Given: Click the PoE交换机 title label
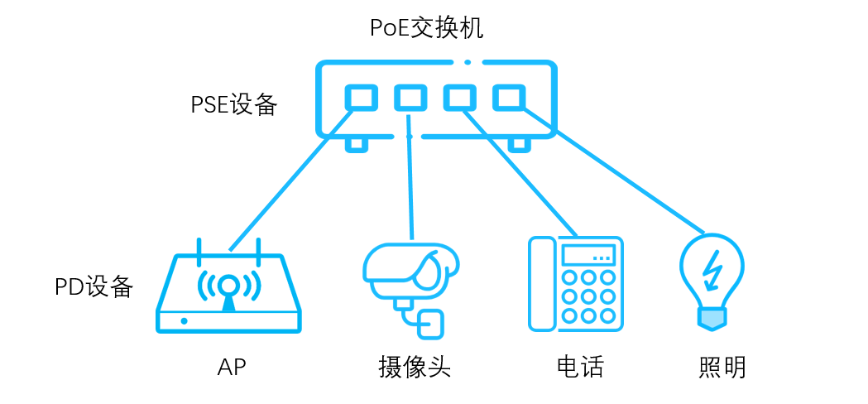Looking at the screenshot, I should pyautogui.click(x=426, y=28).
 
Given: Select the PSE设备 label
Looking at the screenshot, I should pyautogui.click(x=233, y=105).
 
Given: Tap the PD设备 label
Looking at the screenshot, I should pyautogui.click(x=94, y=286).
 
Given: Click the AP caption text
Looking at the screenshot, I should pyautogui.click(x=232, y=367).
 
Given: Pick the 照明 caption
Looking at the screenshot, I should pyautogui.click(x=722, y=367).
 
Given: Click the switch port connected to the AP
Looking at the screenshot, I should pyautogui.click(x=362, y=98).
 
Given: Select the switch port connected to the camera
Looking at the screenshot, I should pyautogui.click(x=410, y=98).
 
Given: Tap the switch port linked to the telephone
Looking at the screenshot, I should pyautogui.click(x=459, y=98).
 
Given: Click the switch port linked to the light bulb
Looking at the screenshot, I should pyautogui.click(x=509, y=98).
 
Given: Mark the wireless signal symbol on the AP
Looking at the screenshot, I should pyautogui.click(x=228, y=286).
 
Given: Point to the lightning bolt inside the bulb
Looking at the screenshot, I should pyautogui.click(x=712, y=268).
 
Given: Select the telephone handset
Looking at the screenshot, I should pyautogui.click(x=541, y=284).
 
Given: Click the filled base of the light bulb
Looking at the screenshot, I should pyautogui.click(x=712, y=319).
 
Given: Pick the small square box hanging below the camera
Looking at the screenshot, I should pyautogui.click(x=430, y=325).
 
